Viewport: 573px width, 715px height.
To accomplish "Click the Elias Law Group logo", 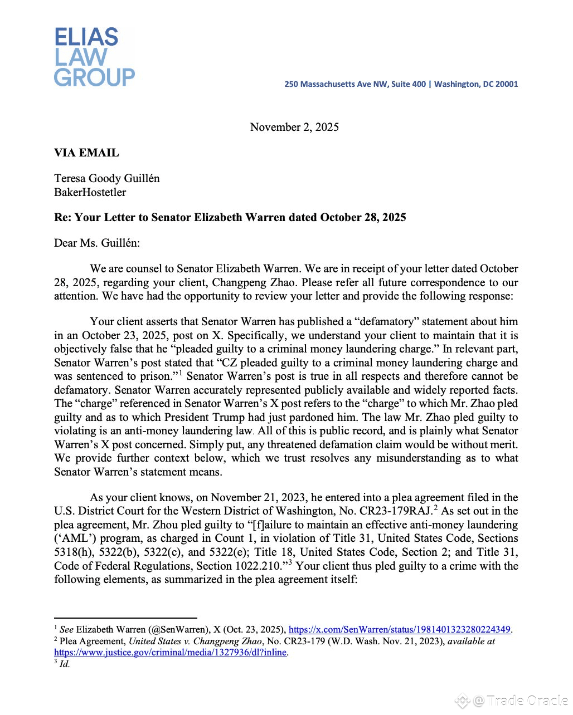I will point(94,57).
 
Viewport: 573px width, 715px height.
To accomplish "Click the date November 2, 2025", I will point(294,127).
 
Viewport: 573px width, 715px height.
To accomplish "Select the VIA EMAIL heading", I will point(86,153).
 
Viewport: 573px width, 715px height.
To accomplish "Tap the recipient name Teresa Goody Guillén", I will point(107,178).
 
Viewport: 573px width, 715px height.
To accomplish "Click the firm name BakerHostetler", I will point(90,192).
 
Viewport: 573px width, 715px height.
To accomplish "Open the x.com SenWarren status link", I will point(400,630).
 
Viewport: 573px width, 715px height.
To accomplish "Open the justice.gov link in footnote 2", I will point(170,652).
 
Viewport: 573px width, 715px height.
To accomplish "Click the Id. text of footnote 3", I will point(65,664).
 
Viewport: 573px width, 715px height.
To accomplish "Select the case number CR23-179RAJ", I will point(396,511).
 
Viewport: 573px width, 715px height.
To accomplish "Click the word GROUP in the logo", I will point(94,77).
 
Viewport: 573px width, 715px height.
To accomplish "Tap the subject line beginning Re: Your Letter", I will point(230,217).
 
